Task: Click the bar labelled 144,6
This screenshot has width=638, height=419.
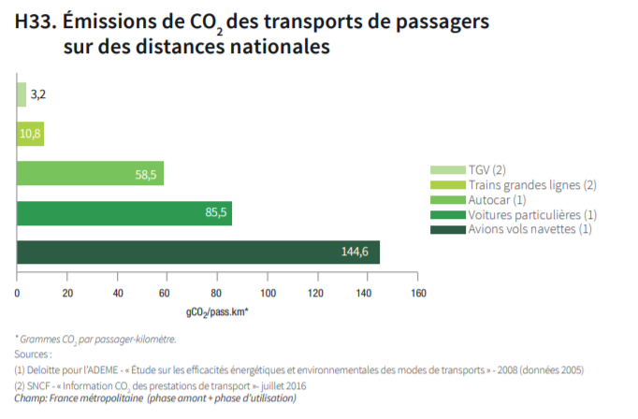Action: (197, 252)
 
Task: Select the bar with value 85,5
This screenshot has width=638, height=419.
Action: (123, 212)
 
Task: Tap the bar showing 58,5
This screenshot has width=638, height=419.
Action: (90, 173)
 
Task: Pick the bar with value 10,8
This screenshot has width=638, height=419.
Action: (30, 134)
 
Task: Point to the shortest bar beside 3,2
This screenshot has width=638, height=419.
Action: (21, 94)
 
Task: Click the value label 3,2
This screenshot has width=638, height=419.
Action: (38, 94)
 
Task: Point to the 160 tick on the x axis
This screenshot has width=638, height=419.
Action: (418, 293)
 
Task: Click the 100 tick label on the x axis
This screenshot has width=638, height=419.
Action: (268, 293)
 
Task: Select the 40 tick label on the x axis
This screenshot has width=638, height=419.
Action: (118, 293)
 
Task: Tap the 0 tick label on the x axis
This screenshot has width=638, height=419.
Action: (17, 293)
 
